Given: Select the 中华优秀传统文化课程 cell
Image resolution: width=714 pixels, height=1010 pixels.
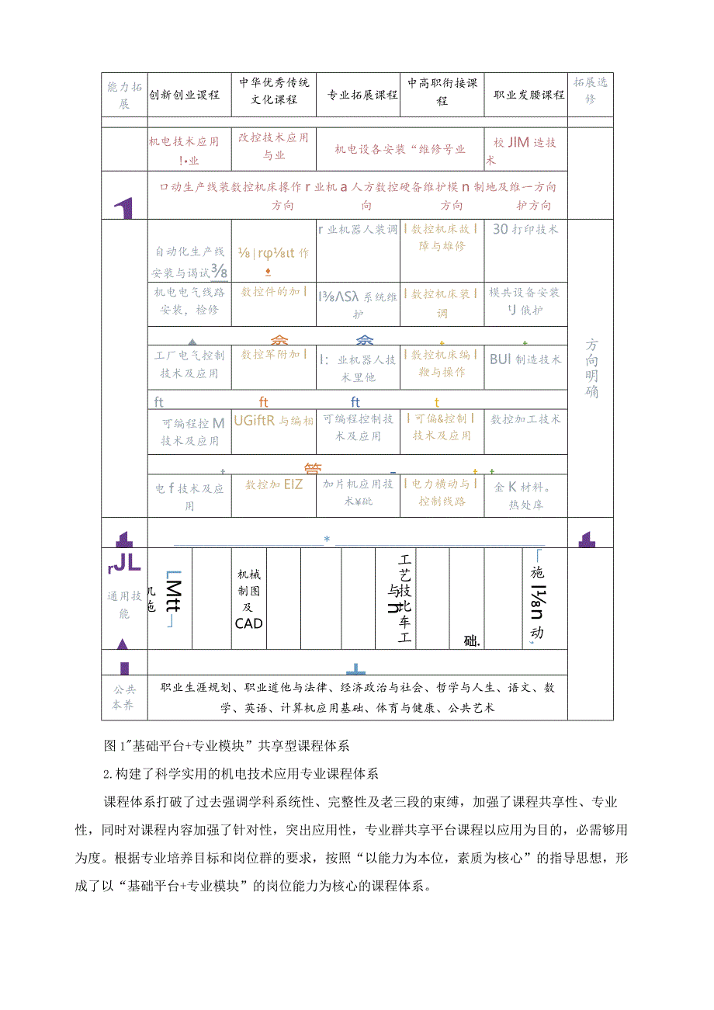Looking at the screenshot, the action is click(273, 92).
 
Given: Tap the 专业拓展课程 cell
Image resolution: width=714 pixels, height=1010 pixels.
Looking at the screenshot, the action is click(358, 95).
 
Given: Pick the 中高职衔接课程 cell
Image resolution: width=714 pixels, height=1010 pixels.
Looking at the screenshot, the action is click(442, 92).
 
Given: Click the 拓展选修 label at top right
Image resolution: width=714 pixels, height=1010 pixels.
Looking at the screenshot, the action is click(590, 90).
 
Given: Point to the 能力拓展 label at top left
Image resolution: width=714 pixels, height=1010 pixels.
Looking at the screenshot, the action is click(124, 95).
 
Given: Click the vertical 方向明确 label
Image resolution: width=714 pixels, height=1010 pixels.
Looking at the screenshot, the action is click(591, 368).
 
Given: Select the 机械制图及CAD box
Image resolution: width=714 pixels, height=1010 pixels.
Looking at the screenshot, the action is click(249, 599).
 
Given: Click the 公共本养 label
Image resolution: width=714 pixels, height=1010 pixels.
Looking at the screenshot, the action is click(124, 697).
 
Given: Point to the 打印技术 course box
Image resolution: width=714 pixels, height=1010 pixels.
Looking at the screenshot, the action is click(525, 230).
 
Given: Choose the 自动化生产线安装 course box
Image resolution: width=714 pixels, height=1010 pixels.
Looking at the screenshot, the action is click(189, 261).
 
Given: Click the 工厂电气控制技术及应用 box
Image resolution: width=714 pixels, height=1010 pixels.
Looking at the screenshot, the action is click(189, 364).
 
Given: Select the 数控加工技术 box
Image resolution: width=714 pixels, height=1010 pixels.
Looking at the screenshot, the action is click(525, 418).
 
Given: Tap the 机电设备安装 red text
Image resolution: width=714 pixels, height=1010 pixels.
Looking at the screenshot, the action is click(399, 149).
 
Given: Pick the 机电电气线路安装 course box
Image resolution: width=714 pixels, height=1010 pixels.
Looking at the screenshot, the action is click(189, 301).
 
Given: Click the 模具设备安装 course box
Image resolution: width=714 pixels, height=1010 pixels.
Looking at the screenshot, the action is click(525, 301).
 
